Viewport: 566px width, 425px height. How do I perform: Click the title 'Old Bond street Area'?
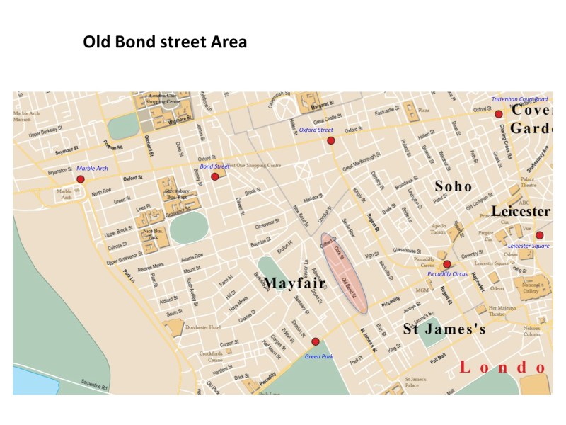tap(165, 42)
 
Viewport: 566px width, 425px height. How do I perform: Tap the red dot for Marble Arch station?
tap(81, 179)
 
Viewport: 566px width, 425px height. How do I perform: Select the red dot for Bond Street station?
tap(215, 176)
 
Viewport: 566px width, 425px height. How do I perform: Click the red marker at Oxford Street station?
tap(330, 140)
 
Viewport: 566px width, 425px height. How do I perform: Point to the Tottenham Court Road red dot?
tap(499, 113)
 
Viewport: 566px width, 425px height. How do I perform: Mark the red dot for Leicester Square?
tap(539, 235)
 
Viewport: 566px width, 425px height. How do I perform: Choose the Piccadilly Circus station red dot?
tap(446, 263)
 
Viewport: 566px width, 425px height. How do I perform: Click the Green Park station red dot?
tap(316, 341)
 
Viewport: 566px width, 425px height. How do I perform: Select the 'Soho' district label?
tap(453, 186)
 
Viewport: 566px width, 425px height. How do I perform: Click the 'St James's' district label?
tap(444, 329)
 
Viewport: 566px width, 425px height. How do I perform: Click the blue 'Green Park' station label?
tap(318, 356)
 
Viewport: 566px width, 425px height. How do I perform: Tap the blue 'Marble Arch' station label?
tap(92, 168)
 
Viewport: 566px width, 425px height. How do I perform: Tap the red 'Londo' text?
tap(502, 367)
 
